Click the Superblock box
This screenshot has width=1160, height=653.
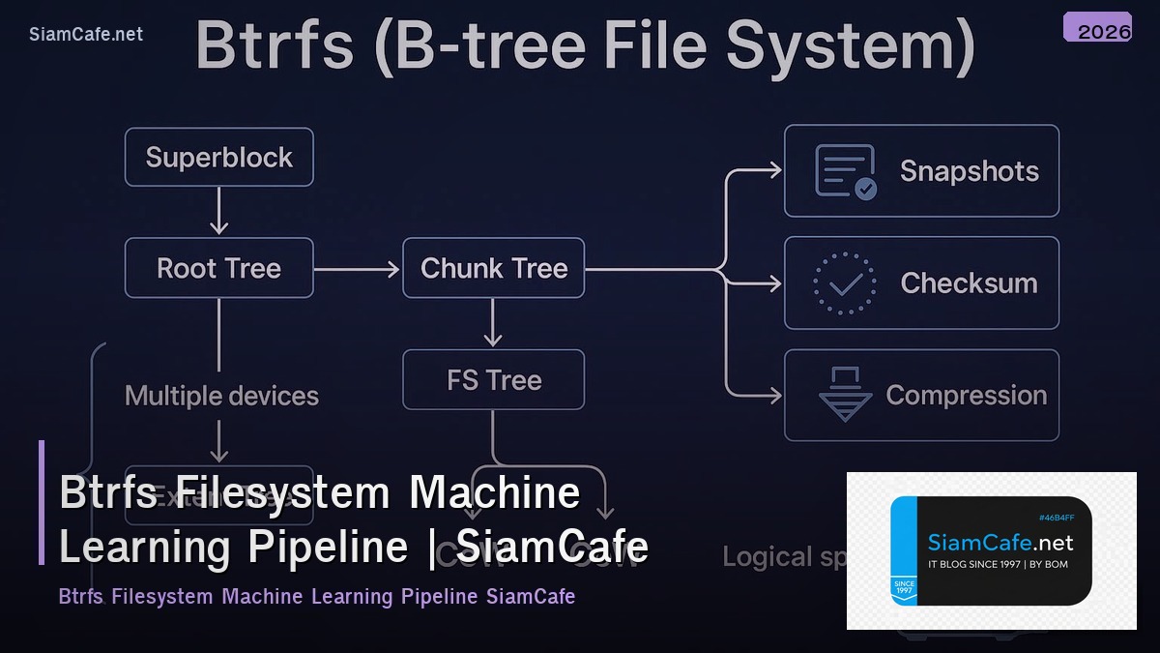219,157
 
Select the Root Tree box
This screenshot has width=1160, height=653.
219,268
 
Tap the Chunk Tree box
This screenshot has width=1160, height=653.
494,268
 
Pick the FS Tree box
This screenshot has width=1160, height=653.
494,380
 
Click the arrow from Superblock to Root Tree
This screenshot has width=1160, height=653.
219,211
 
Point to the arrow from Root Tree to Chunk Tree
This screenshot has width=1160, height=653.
358,268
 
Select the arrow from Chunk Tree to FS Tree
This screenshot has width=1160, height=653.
493,323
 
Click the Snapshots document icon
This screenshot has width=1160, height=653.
845,172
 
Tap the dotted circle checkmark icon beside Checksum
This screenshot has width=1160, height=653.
845,283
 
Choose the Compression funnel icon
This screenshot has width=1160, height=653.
845,395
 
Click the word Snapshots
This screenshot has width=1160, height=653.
969,171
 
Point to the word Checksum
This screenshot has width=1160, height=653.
969,283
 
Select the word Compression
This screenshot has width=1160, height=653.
967,395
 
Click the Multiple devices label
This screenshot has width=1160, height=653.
221,396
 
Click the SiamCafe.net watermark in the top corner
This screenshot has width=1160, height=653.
86,34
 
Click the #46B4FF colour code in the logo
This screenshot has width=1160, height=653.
1056,518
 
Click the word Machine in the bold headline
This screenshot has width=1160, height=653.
494,492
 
